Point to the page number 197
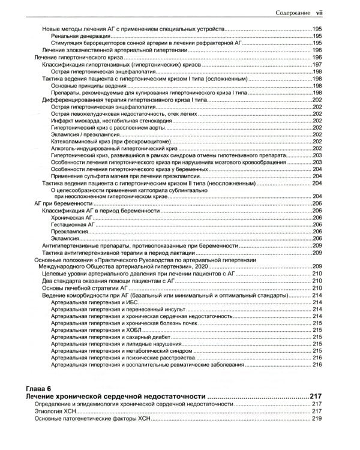[318, 64]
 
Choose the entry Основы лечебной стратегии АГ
[82, 288]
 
